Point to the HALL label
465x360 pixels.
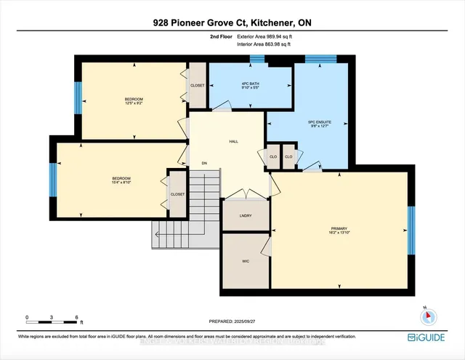click(x=233, y=142)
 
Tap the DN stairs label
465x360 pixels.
click(x=205, y=163)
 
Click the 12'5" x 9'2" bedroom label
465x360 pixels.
click(x=133, y=101)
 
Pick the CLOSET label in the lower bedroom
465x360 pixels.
click(x=177, y=194)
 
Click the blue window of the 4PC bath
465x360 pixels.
click(x=256, y=59)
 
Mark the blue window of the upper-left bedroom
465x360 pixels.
click(x=78, y=97)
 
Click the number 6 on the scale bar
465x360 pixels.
click(x=77, y=318)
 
